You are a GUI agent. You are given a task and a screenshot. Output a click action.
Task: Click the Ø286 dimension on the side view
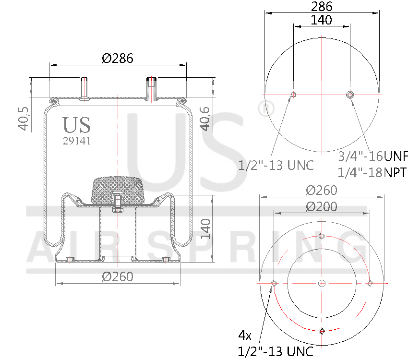[x=118, y=58]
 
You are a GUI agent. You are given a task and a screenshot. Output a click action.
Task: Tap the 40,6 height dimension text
[x=205, y=119]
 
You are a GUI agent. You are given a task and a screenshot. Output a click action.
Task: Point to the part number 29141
[x=77, y=141]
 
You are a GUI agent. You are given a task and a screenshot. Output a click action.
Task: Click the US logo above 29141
[x=76, y=125]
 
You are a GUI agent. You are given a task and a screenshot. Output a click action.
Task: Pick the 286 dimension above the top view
[x=322, y=7]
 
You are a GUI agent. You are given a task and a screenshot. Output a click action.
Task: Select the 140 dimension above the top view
[x=322, y=20]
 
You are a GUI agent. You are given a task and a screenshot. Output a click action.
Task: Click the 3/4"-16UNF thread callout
[x=372, y=156]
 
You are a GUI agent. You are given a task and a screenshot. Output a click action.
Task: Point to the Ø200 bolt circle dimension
[x=322, y=207]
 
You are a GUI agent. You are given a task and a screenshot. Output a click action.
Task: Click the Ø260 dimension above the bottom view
[x=322, y=190]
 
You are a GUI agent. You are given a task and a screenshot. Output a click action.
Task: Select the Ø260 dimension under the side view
[x=118, y=276]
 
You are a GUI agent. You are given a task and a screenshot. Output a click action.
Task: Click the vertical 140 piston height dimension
[x=206, y=229]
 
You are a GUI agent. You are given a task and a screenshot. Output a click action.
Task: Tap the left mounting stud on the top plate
[x=85, y=88]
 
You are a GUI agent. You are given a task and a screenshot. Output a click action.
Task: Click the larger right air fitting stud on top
[x=152, y=89]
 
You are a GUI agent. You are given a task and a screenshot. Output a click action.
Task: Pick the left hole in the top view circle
[x=294, y=95]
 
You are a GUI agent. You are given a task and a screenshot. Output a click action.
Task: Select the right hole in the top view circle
[x=350, y=95]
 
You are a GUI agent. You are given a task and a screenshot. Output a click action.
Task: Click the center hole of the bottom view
[x=322, y=283]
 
